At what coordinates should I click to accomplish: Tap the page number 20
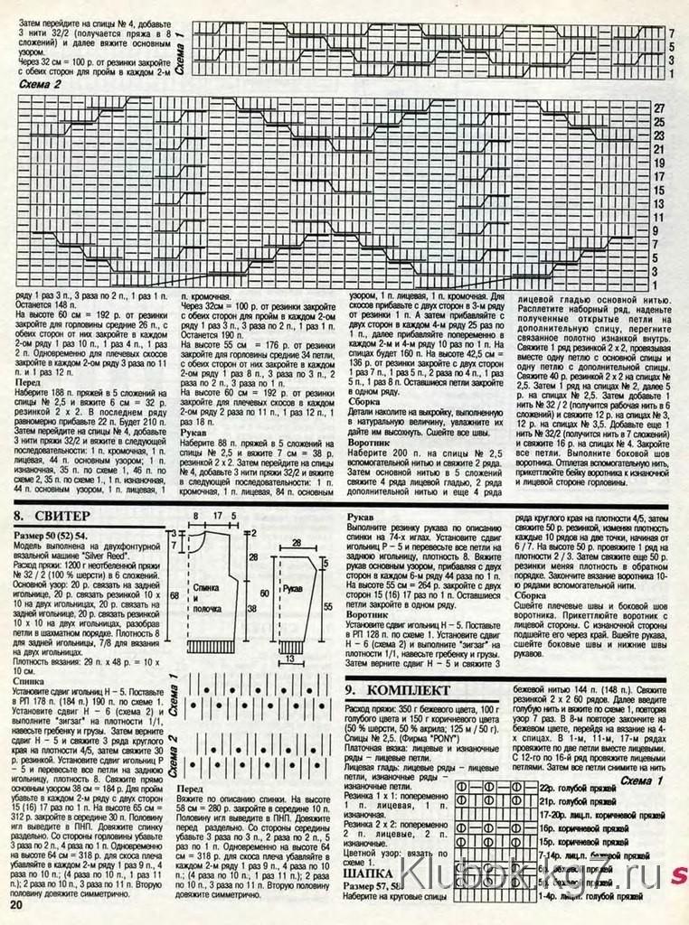(15, 905)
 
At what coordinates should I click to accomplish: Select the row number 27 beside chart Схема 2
(659, 108)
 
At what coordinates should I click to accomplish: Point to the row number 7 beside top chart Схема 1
(671, 33)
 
